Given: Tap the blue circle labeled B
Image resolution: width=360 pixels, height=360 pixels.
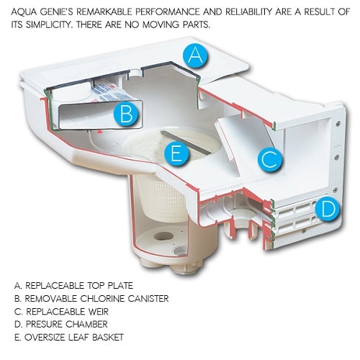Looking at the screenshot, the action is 126,113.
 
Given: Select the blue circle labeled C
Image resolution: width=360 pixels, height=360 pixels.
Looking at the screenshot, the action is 270,158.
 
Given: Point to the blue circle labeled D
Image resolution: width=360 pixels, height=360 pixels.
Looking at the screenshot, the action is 328,210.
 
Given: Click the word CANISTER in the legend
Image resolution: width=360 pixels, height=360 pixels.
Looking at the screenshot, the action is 148,299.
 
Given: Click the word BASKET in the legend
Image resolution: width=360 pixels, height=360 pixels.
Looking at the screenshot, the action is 107,337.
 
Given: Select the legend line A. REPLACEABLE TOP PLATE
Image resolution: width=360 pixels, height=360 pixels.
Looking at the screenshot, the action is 73,286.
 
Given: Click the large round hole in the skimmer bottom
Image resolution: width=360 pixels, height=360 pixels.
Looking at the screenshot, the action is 163,236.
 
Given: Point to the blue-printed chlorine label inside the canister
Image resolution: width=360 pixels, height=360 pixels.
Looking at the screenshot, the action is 112,92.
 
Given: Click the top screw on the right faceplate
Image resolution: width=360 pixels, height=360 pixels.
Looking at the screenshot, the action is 338,124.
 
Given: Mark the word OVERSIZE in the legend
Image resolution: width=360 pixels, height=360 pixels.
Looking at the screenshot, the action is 45,337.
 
